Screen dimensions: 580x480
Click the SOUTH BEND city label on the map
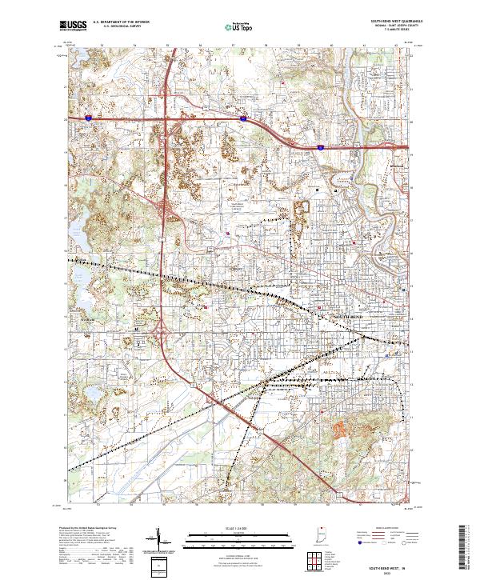point(346,318)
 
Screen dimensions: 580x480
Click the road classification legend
point(390,541)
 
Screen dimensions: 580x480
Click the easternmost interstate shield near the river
point(320,147)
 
